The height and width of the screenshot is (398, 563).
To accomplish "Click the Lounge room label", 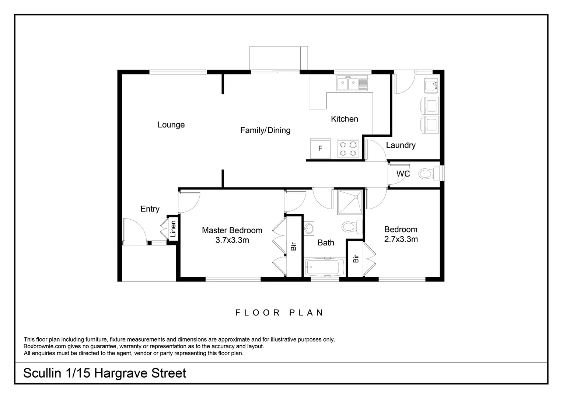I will point(171,125).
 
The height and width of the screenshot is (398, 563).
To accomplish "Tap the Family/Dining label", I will point(265,130).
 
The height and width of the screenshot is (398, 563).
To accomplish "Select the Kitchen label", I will point(344,119).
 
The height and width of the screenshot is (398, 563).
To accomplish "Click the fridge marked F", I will point(320,148).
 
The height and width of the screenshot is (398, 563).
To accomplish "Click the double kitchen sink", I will point(352,84).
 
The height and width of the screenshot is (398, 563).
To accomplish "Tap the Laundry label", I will point(401,145).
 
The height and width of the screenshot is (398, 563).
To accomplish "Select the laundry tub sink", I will point(431,85).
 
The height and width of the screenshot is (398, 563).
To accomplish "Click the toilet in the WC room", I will point(427,173).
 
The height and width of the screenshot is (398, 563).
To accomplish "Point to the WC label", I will point(403,174).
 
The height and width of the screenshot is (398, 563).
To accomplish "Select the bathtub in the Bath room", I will point(324,267).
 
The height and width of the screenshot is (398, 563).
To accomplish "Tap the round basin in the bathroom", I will point(309,228).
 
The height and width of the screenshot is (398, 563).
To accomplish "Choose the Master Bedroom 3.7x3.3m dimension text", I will point(232,240).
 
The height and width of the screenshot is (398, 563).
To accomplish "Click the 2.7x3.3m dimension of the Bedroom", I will point(401,239).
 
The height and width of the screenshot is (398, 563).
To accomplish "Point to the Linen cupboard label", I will point(173,229).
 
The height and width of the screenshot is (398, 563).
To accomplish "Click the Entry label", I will point(150,209).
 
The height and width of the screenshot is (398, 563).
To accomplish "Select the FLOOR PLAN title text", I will point(279,313).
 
